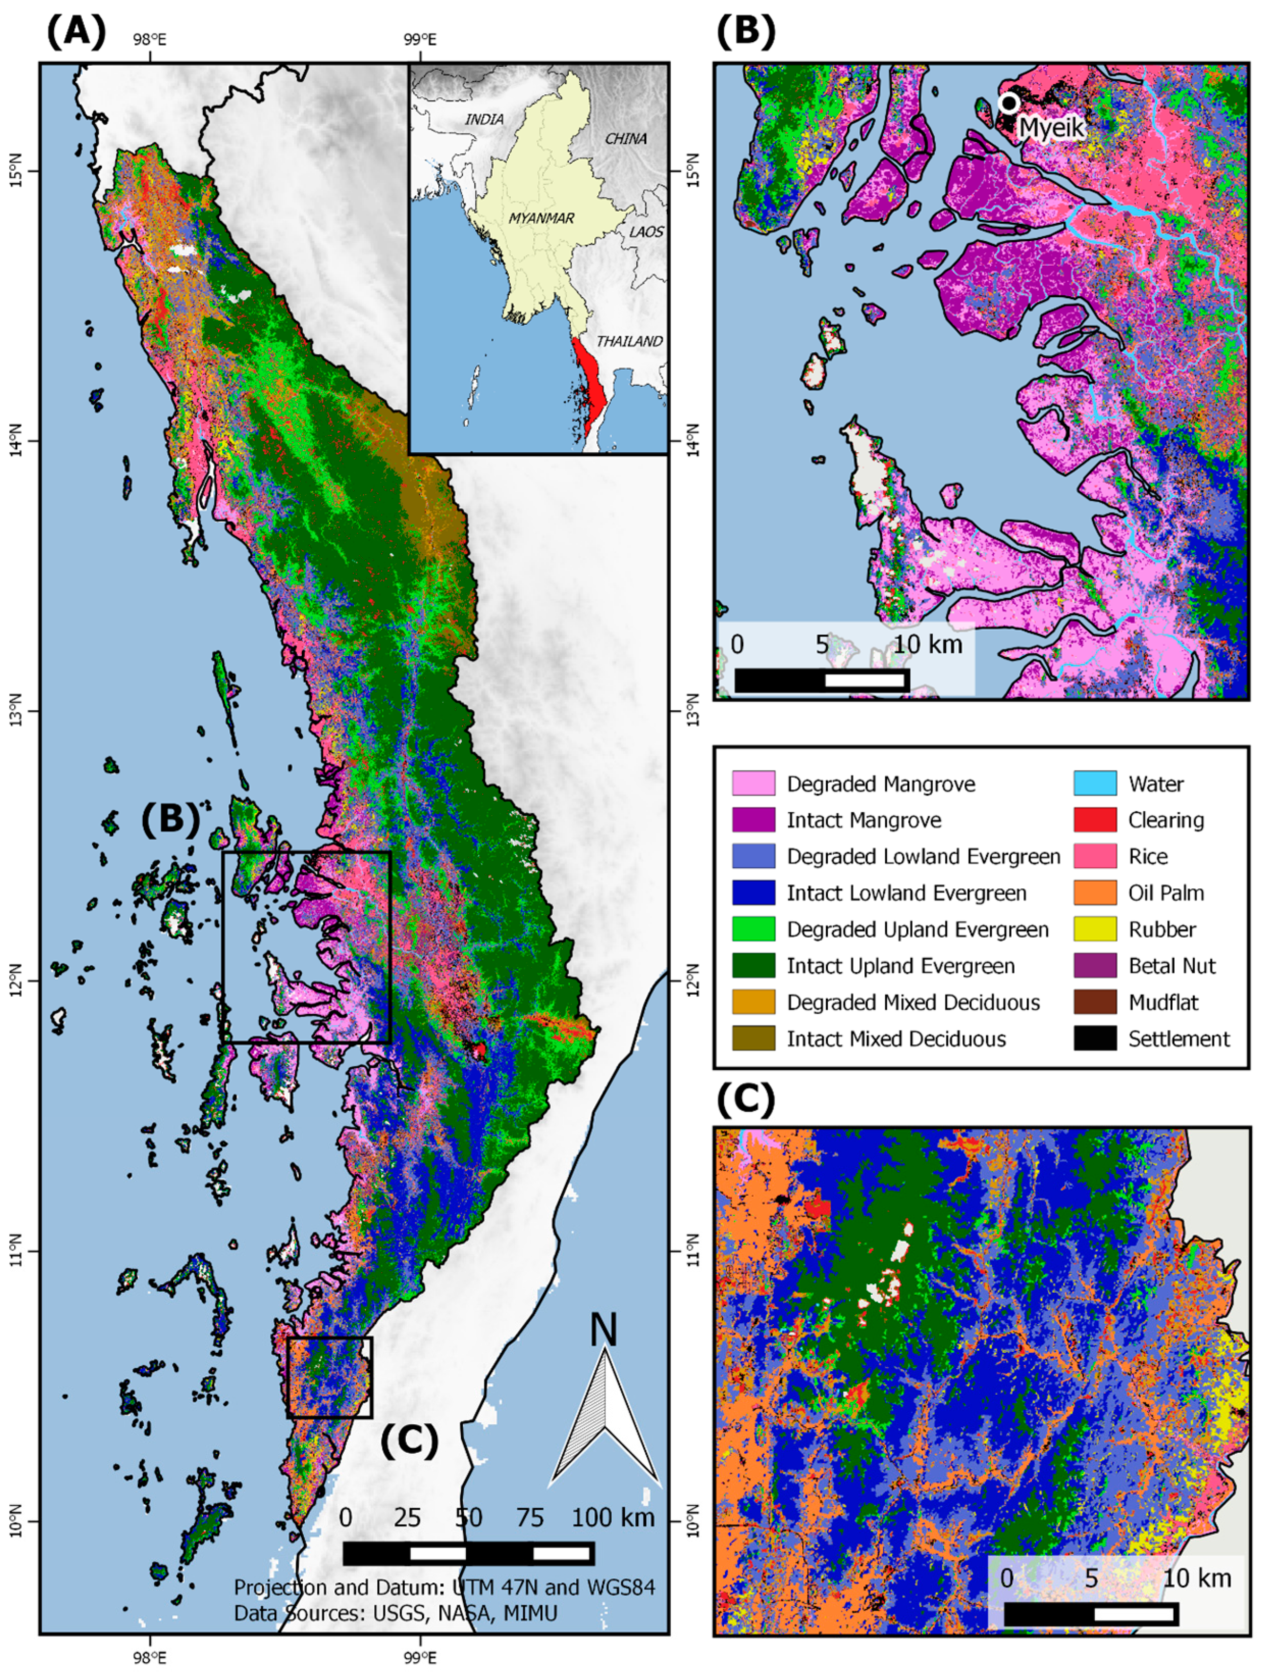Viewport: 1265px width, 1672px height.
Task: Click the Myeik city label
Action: pos(1051,127)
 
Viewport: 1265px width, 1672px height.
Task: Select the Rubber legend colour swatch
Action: pos(1095,929)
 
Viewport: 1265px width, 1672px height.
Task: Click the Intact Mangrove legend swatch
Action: pos(753,819)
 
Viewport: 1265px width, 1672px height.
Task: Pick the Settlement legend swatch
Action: pos(1095,1039)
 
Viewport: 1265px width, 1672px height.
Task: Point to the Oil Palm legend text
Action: pos(1166,893)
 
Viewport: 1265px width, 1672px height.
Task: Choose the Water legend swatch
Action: pos(1095,783)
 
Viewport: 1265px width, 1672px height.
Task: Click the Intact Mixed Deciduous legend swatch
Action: pos(753,1039)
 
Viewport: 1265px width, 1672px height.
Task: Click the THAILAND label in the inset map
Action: pos(629,341)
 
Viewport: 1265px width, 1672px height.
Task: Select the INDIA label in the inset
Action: pos(484,119)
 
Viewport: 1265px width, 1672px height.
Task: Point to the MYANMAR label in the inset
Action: pos(541,218)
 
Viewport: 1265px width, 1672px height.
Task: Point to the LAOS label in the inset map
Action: pos(646,232)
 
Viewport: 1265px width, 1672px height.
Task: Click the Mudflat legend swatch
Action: pos(1095,1002)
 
